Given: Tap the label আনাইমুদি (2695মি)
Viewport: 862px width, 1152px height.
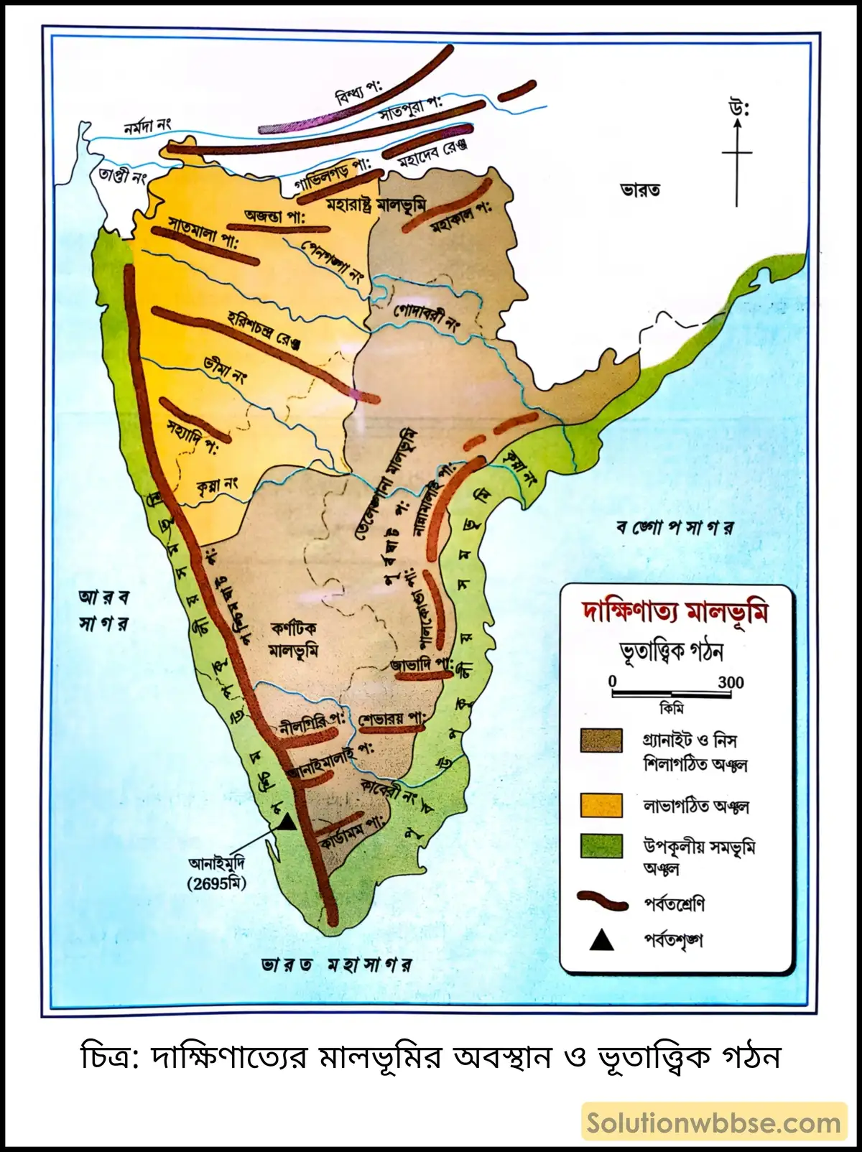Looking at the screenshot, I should coord(216,873).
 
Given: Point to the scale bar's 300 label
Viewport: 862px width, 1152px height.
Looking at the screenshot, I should coord(731,682).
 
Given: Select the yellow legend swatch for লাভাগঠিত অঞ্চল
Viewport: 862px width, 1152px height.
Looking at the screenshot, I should coord(601,805).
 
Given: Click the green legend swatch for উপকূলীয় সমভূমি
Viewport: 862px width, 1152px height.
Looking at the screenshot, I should coord(601,846).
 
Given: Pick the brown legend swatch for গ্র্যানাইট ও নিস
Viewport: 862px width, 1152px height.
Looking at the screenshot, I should coord(601,740).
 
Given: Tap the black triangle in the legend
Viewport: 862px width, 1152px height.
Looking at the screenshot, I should coord(601,940).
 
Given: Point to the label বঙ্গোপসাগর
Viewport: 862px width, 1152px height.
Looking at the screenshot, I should coord(675,528).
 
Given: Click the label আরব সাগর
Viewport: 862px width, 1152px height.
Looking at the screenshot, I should coord(104,610).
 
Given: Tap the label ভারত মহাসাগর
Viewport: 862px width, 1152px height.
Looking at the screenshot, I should coord(338,964).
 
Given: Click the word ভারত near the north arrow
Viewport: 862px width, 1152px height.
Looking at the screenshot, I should coord(639,190).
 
